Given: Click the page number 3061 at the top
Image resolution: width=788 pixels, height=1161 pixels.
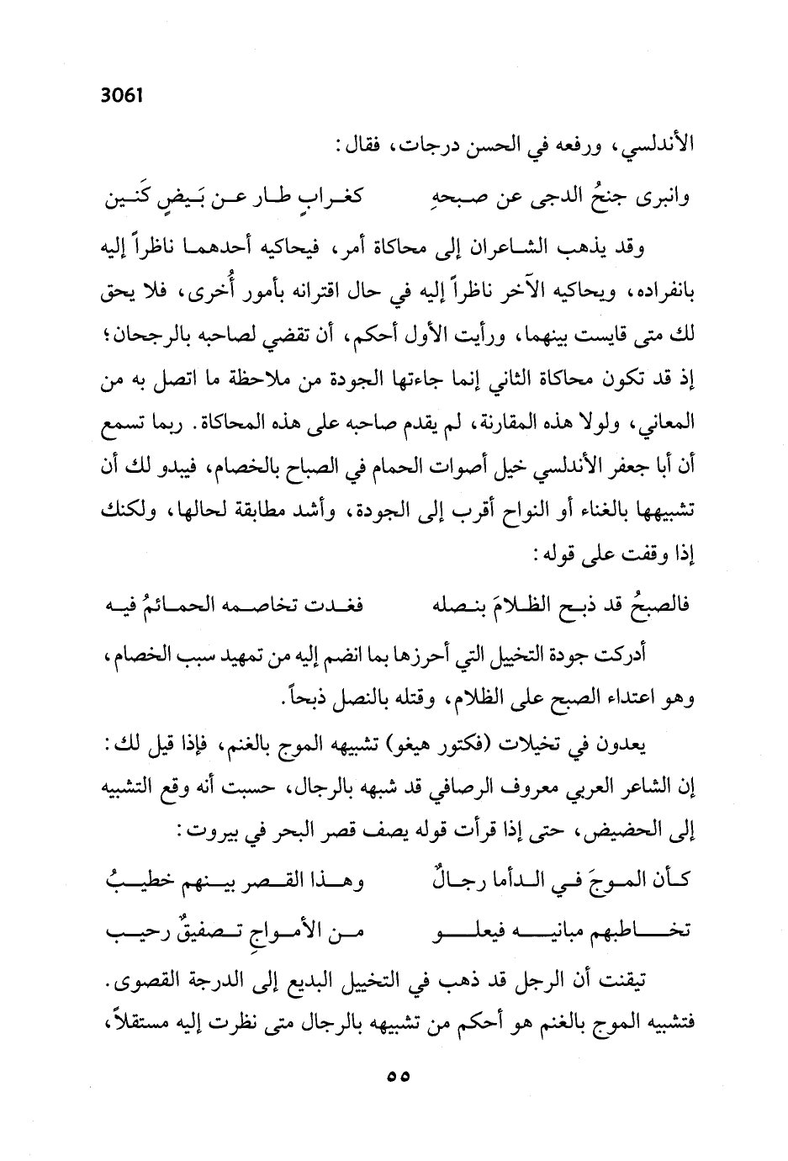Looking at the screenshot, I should click(x=122, y=95).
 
